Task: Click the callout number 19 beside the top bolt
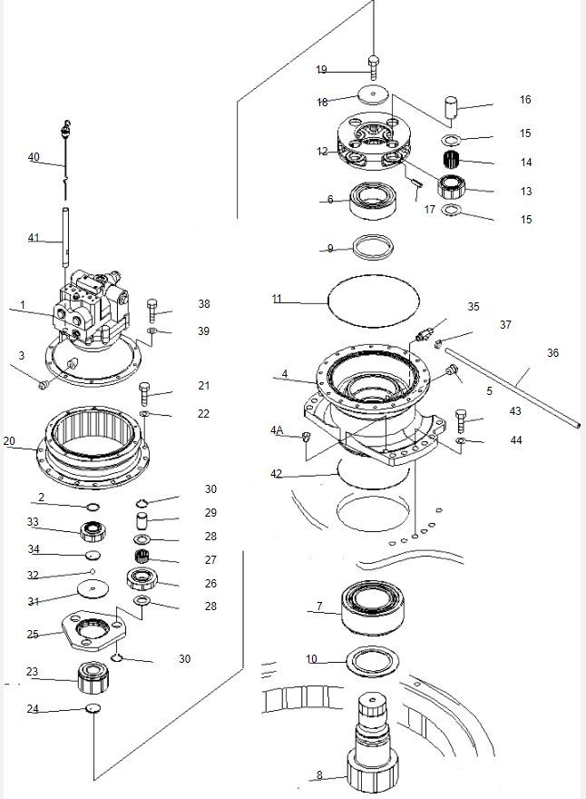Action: coord(322,70)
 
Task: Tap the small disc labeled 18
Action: coord(372,94)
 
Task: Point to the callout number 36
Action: coord(553,352)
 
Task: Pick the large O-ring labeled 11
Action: coord(373,298)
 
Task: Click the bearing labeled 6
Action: coord(374,201)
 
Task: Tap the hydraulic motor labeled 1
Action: coord(91,309)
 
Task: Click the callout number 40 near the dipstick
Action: coord(34,157)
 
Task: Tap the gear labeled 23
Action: coord(94,676)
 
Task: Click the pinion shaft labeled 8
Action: coord(373,745)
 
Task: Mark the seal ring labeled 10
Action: coord(373,660)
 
